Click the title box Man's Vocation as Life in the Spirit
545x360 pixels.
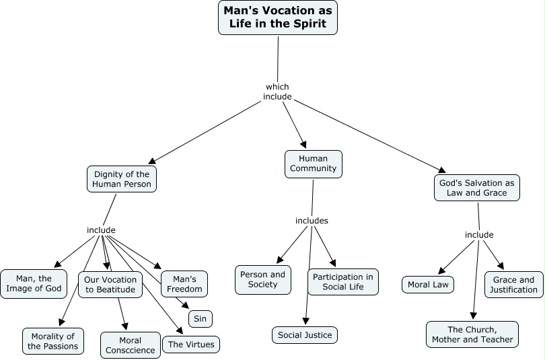tap(278, 17)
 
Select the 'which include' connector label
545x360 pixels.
tap(277, 92)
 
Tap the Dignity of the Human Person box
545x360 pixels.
tap(122, 180)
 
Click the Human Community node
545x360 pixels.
tap(313, 164)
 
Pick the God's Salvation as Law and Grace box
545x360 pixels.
tap(477, 188)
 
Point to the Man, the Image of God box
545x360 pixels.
tap(34, 283)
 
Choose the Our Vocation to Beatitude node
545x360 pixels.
tap(110, 285)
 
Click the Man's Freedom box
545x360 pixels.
tap(184, 284)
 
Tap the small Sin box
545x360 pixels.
tap(201, 318)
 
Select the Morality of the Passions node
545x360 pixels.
tap(53, 341)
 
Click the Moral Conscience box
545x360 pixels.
tap(131, 345)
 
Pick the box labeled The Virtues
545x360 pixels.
tap(191, 345)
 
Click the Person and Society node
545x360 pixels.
tap(262, 279)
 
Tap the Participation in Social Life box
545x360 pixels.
tap(343, 282)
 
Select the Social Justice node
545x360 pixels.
tap(305, 334)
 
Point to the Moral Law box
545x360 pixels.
tap(428, 285)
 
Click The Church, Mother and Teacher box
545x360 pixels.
tap(472, 334)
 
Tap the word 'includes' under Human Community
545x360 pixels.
tap(312, 221)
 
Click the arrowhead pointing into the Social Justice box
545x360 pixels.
tap(305, 321)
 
